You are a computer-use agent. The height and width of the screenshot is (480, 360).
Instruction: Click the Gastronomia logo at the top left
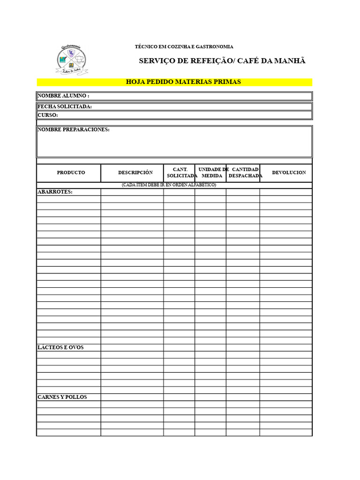click(71, 60)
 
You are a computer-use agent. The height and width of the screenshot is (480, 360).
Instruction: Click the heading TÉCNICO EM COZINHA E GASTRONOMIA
click(184, 47)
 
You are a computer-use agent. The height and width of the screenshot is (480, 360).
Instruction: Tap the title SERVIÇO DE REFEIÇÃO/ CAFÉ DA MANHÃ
click(222, 61)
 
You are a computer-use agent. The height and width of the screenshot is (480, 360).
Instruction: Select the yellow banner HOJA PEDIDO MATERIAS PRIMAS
click(183, 82)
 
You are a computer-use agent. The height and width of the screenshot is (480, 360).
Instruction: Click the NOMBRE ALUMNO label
click(63, 96)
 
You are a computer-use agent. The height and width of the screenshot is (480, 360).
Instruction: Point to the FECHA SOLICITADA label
click(65, 106)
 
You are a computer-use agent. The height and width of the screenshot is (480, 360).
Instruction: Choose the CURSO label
click(48, 115)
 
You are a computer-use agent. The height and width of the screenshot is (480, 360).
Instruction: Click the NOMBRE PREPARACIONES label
click(74, 129)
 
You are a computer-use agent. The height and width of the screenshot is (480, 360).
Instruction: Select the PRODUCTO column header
click(71, 172)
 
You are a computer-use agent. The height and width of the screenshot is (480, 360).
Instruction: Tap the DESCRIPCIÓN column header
click(135, 172)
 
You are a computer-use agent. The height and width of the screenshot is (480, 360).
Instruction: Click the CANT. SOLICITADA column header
click(180, 172)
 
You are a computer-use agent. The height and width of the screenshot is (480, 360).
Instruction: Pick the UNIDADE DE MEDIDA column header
click(212, 172)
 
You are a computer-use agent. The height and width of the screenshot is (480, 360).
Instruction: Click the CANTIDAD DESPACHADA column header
click(245, 172)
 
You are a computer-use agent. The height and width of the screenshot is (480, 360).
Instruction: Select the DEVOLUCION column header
click(289, 172)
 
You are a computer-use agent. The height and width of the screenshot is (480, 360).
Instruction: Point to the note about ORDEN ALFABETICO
click(169, 185)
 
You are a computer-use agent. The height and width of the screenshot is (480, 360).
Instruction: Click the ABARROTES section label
click(55, 192)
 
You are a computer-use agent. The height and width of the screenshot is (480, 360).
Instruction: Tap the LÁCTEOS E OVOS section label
click(60, 347)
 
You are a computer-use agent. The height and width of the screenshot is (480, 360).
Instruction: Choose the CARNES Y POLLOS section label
click(62, 397)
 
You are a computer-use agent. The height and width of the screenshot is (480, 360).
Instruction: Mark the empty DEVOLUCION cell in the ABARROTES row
click(285, 192)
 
